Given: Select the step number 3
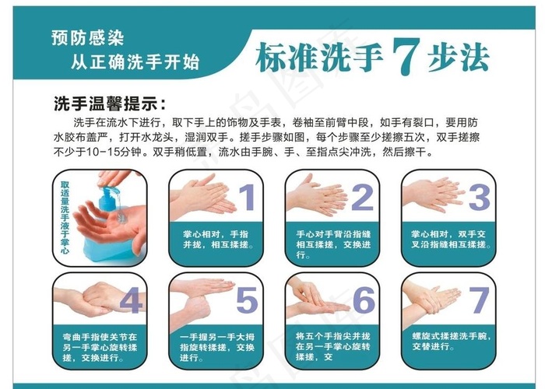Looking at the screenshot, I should point(478,199).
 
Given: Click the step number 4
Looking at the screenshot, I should point(130,300).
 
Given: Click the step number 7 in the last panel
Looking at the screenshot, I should point(478,300).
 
